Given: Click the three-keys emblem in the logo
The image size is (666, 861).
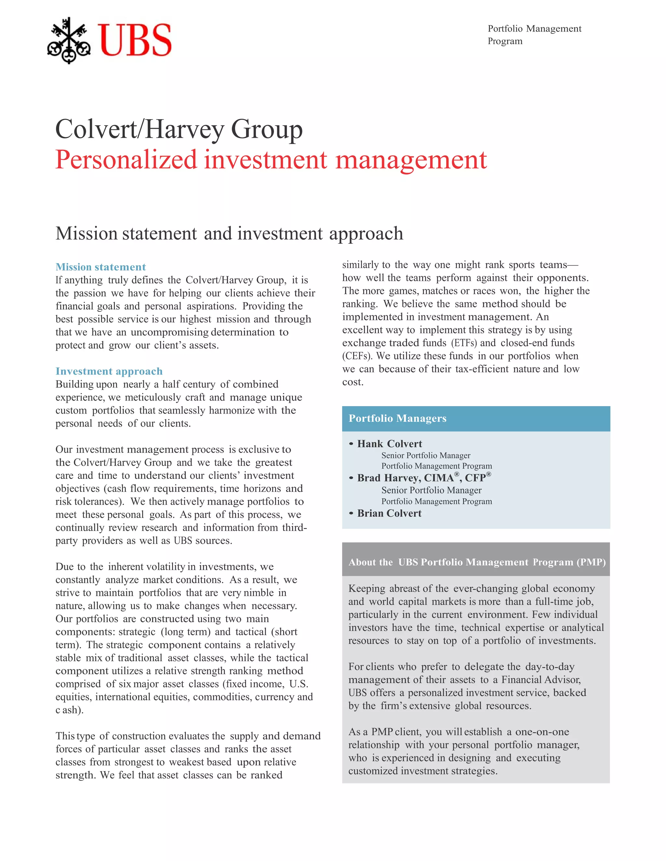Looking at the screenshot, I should click(x=69, y=40).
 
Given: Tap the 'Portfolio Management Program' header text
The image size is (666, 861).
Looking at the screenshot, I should click(x=534, y=35).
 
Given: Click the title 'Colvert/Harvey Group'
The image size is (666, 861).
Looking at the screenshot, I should click(x=179, y=129).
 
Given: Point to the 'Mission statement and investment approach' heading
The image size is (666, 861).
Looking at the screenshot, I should click(x=229, y=233).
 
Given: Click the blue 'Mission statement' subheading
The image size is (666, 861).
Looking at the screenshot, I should click(x=100, y=267).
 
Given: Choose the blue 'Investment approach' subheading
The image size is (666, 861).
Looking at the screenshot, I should click(x=109, y=371).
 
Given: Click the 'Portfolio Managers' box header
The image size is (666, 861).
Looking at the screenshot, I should click(x=397, y=418).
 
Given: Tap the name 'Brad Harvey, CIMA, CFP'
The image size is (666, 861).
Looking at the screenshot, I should click(x=424, y=478).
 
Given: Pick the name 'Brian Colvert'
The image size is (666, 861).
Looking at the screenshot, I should click(x=389, y=513).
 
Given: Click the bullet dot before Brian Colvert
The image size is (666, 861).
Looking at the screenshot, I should click(x=351, y=513).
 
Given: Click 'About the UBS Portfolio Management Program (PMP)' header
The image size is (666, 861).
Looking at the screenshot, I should click(x=477, y=562).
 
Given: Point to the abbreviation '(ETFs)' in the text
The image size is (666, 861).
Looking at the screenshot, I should click(x=464, y=343).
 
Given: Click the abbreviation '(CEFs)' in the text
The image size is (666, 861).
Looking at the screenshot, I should click(x=357, y=356).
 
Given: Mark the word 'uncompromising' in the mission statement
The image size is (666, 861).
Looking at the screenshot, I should click(x=170, y=332).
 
